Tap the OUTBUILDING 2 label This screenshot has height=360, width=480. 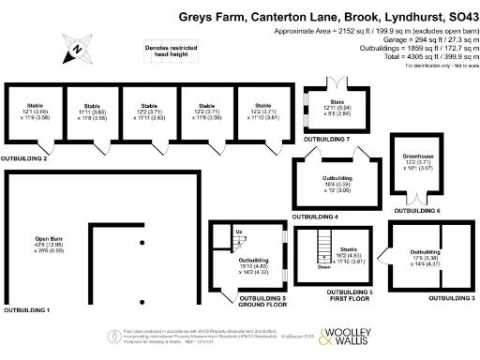coord(24,158)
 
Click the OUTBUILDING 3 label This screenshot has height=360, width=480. coord(453,298)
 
